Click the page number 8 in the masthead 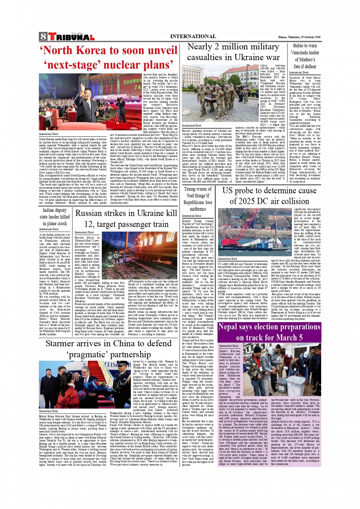(43, 37)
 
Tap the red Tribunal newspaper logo (71, 37)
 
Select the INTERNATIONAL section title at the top (193, 37)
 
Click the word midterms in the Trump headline (198, 209)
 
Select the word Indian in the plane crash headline (49, 210)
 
